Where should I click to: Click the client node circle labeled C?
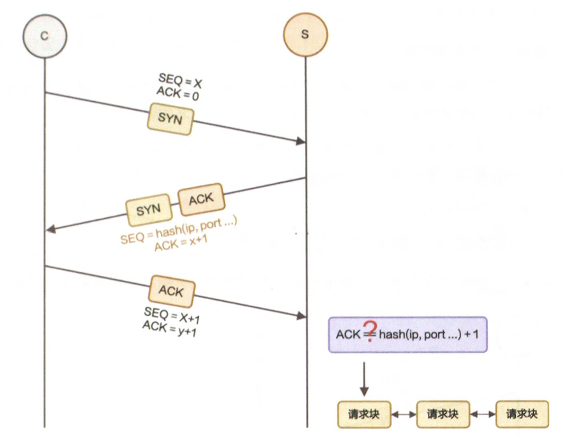[45, 35]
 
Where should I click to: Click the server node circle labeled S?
[305, 35]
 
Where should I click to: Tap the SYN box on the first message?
[170, 118]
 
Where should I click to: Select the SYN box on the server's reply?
[149, 210]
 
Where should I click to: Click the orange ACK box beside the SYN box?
[201, 200]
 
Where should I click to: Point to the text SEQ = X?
[180, 81]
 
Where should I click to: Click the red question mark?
[370, 332]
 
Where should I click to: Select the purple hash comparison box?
[407, 335]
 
